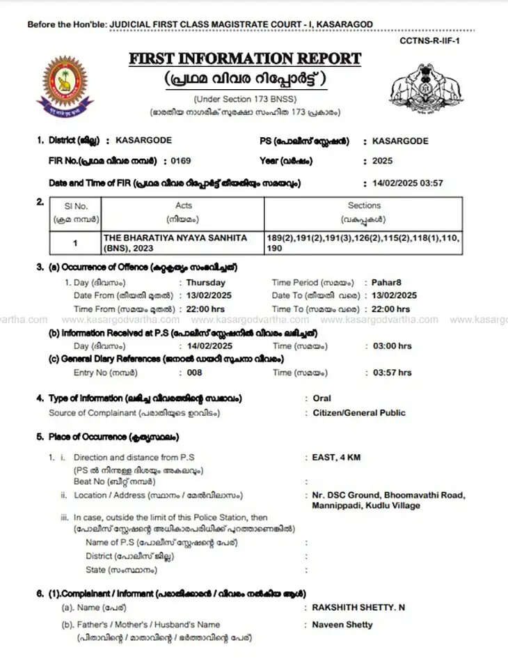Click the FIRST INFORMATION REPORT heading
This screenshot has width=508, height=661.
pyautogui.click(x=245, y=59)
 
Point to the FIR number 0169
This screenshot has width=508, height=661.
pyautogui.click(x=181, y=161)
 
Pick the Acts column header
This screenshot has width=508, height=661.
pyautogui.click(x=184, y=205)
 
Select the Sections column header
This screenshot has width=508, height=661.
pyautogui.click(x=364, y=205)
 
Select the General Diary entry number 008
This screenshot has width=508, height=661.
pyautogui.click(x=194, y=373)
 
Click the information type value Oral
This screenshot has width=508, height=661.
pyautogui.click(x=322, y=398)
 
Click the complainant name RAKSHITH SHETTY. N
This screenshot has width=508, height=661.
pyautogui.click(x=359, y=607)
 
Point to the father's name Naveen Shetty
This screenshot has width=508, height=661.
pyautogui.click(x=342, y=624)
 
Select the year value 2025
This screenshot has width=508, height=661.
pyautogui.click(x=382, y=161)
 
